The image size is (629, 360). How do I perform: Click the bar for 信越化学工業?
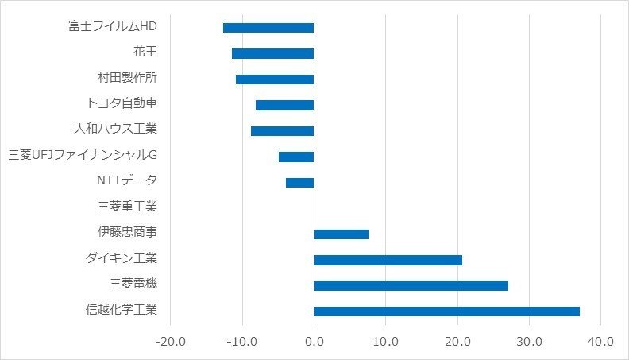tap(446, 311)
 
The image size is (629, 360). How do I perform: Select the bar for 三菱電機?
tap(411, 285)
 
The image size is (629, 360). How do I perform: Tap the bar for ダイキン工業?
tap(388, 260)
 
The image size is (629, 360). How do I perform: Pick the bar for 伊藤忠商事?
tap(341, 234)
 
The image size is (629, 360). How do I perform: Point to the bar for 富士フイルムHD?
tap(268, 28)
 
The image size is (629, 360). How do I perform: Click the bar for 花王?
tap(272, 53)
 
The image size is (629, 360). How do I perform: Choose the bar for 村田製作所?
tap(275, 79)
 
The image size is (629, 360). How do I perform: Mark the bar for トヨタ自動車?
tap(284, 105)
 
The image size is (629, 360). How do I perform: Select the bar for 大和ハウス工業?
tap(282, 130)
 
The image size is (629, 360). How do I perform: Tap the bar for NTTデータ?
tap(299, 182)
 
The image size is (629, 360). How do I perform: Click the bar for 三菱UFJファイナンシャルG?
tap(296, 157)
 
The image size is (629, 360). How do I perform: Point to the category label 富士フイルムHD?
tap(113, 27)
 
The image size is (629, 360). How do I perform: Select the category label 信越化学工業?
tap(122, 310)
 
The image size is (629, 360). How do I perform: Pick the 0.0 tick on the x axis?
tap(314, 342)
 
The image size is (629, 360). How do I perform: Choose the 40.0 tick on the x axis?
tap(600, 342)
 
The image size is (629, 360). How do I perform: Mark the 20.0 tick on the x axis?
tap(457, 342)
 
